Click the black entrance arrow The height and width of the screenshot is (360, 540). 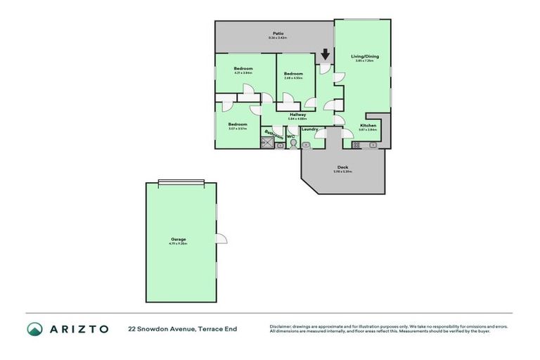tap(325, 54)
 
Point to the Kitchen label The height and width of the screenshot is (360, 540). tap(368, 124)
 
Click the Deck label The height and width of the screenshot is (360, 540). tap(342, 167)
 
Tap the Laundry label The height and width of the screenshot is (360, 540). tap(310, 129)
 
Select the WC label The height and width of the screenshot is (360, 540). tap(290, 136)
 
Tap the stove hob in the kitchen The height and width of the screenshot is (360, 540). tap(356, 145)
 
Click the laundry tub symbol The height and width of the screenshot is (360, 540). tap(306, 145)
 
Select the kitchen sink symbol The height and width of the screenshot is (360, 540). tap(372, 145)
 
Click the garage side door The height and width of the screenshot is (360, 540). tap(221, 239)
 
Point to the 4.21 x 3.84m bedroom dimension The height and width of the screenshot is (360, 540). tap(243, 72)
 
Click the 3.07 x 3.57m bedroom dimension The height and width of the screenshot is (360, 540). tap(237, 129)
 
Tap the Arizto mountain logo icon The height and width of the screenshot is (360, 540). tap(34, 328)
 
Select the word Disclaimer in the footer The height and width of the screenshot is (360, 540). tap(281, 326)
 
